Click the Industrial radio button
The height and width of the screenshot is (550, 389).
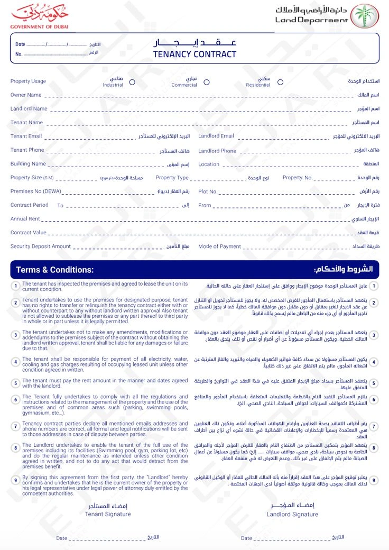[132, 82]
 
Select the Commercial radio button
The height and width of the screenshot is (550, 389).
[207, 82]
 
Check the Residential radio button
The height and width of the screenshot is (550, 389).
[280, 82]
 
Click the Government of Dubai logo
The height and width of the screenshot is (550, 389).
[39, 16]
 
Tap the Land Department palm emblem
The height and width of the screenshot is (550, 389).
[366, 16]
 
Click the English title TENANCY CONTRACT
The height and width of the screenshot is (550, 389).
[195, 54]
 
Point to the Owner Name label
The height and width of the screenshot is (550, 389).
[26, 95]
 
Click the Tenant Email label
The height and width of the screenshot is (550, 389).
[26, 136]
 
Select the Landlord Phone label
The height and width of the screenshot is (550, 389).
[217, 151]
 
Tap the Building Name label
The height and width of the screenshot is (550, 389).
[28, 164]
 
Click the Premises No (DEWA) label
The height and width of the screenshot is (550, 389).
[35, 191]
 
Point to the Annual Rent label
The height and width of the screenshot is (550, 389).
[25, 219]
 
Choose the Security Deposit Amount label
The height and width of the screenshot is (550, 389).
[40, 246]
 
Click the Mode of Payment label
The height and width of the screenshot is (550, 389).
[219, 246]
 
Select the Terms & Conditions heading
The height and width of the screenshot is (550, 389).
[54, 270]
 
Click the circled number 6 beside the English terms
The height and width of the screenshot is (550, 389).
[16, 399]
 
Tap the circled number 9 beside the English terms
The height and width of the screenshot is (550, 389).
[16, 481]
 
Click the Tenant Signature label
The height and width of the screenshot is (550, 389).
[108, 514]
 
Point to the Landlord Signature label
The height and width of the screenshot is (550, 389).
[292, 514]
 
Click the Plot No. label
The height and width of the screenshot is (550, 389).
[208, 191]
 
